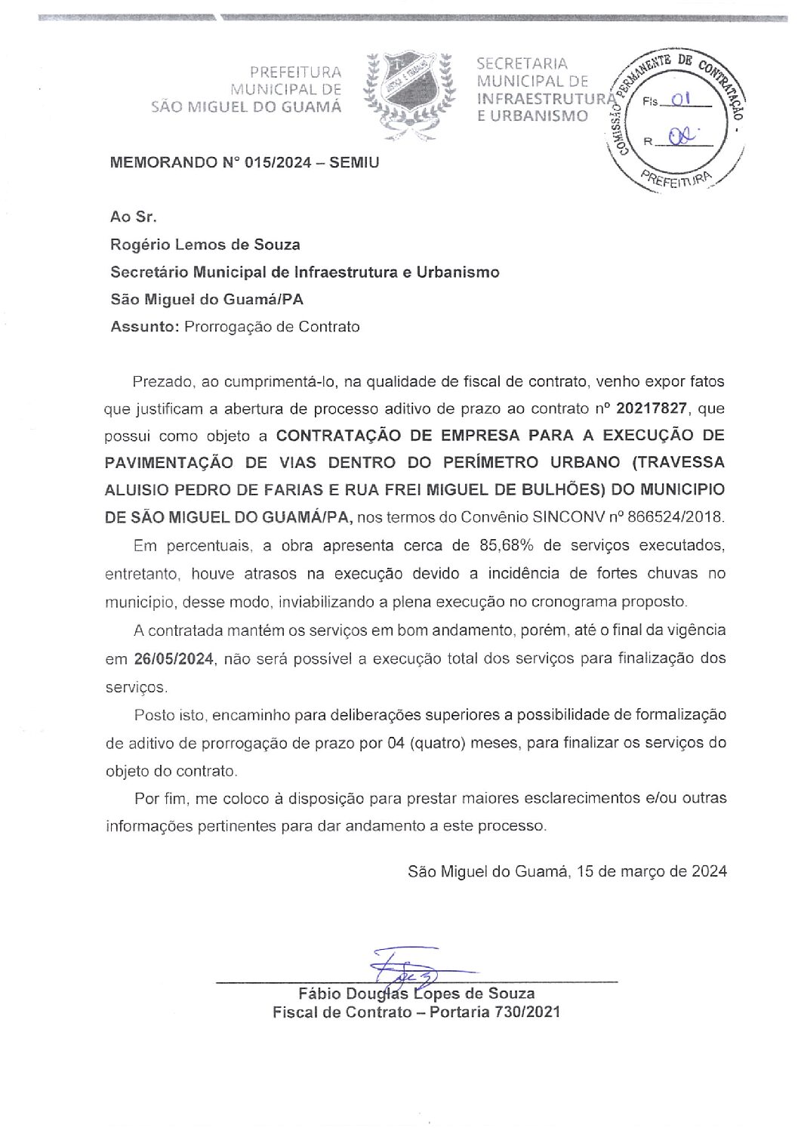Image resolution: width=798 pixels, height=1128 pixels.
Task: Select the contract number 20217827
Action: click(x=652, y=408)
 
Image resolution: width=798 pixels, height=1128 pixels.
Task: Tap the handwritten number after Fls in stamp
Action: click(x=681, y=99)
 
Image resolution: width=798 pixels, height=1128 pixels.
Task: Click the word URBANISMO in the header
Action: click(x=540, y=116)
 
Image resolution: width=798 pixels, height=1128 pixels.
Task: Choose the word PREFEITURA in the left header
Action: click(x=295, y=72)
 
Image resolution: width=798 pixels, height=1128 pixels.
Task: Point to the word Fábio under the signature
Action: click(x=319, y=994)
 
